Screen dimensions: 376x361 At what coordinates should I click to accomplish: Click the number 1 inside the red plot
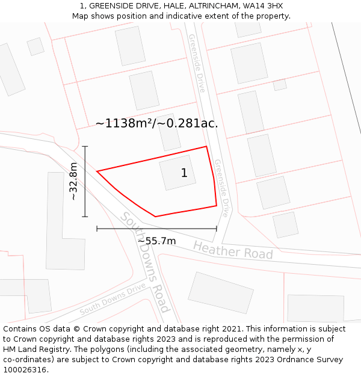[x=184, y=173]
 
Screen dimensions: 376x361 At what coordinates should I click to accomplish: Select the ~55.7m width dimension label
[x=156, y=241]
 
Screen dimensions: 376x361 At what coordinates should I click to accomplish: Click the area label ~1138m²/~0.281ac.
[x=156, y=123]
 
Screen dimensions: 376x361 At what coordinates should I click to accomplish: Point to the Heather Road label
[x=233, y=250]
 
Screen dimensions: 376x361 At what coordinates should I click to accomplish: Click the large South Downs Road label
[x=145, y=262]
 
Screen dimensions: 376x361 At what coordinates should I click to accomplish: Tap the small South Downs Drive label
[x=113, y=300]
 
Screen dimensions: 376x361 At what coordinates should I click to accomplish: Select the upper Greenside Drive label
[x=197, y=63]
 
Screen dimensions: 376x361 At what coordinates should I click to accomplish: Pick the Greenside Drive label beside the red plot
[x=221, y=188]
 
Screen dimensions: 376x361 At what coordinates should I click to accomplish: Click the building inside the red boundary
[x=177, y=173]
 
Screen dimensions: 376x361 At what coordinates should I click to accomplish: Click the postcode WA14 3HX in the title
[x=265, y=6]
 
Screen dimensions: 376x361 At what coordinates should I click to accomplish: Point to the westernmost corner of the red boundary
[x=97, y=171]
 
